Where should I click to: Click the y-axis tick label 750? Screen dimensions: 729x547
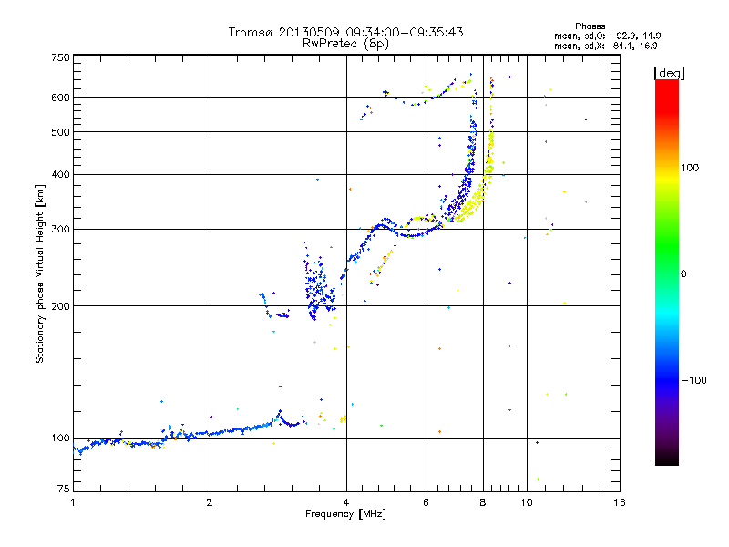click(60, 57)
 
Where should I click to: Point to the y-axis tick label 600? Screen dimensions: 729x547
click(60, 98)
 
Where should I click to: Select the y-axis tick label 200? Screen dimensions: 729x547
click(60, 306)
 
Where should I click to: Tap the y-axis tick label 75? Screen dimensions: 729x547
click(64, 489)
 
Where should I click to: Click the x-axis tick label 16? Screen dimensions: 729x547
click(620, 502)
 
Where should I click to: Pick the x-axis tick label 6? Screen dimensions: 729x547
click(426, 502)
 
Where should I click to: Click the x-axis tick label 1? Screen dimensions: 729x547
click(73, 502)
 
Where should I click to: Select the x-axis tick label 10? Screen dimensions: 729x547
click(527, 502)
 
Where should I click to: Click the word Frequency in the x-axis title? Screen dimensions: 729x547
click(330, 514)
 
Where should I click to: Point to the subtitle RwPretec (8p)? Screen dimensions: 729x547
click(345, 44)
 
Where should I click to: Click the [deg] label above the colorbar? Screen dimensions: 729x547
click(669, 73)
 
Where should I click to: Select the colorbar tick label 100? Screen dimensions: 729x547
click(690, 168)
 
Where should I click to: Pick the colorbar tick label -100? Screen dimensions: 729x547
click(693, 380)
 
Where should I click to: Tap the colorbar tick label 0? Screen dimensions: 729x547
click(683, 274)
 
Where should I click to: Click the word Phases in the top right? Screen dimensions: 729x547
click(590, 26)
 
